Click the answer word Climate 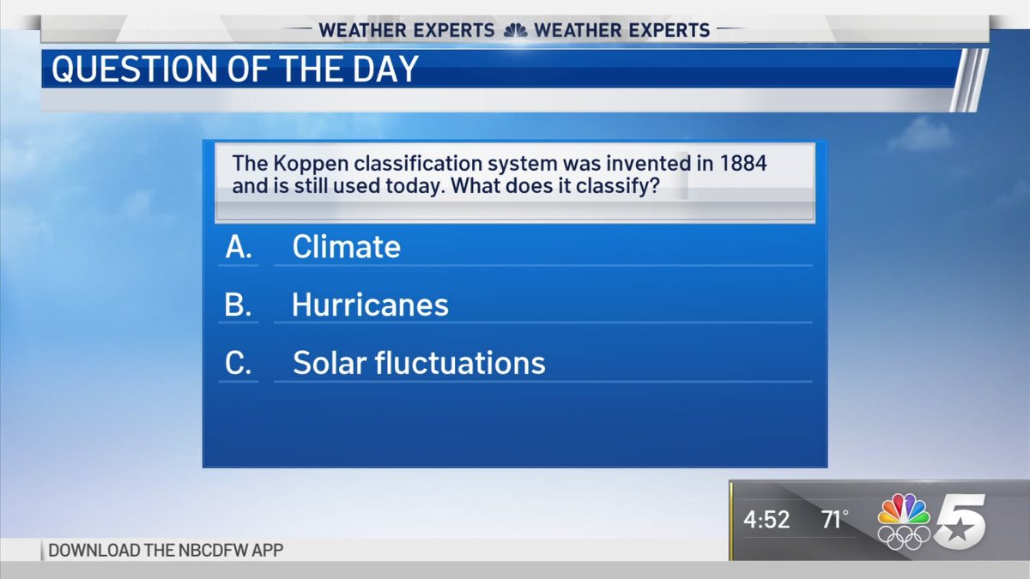[x=346, y=247]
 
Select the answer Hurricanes [x=370, y=305]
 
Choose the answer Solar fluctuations [x=419, y=363]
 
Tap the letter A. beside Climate [x=238, y=247]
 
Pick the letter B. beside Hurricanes [x=238, y=305]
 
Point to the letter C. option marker [x=238, y=363]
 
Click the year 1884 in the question [x=742, y=164]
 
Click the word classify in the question [x=620, y=185]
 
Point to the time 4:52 [x=766, y=520]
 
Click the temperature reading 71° [x=833, y=520]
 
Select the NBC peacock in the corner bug [x=904, y=510]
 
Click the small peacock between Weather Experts [x=515, y=30]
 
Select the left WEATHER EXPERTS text [x=407, y=30]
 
